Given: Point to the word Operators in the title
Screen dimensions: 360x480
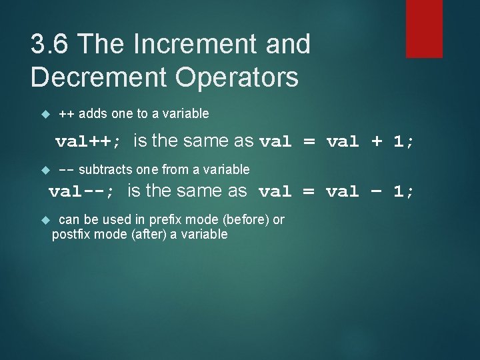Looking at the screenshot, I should (x=244, y=77).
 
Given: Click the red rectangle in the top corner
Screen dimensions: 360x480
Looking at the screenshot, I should (x=424, y=28).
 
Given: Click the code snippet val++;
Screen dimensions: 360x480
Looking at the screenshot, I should (x=88, y=141).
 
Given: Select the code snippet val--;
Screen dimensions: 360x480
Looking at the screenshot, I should (x=81, y=192).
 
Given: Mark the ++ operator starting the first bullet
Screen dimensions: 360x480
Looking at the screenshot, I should (x=67, y=114).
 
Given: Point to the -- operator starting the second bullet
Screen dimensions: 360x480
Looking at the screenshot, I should (x=67, y=170).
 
